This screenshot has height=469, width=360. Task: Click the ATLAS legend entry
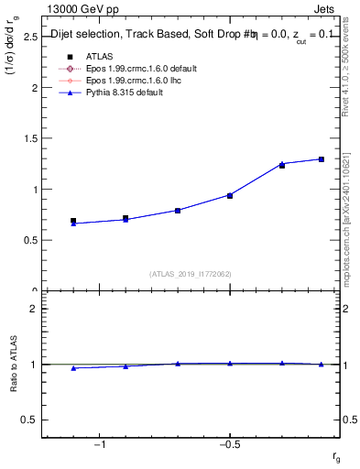pyautogui.click(x=93, y=57)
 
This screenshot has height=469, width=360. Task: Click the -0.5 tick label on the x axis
pyautogui.click(x=229, y=444)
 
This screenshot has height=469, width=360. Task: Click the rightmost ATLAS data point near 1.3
pyautogui.click(x=322, y=159)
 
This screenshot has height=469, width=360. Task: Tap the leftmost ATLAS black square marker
pyautogui.click(x=73, y=221)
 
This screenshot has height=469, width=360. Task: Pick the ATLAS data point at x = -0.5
pyautogui.click(x=230, y=195)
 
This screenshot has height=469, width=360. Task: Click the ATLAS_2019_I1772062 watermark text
pyautogui.click(x=191, y=274)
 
